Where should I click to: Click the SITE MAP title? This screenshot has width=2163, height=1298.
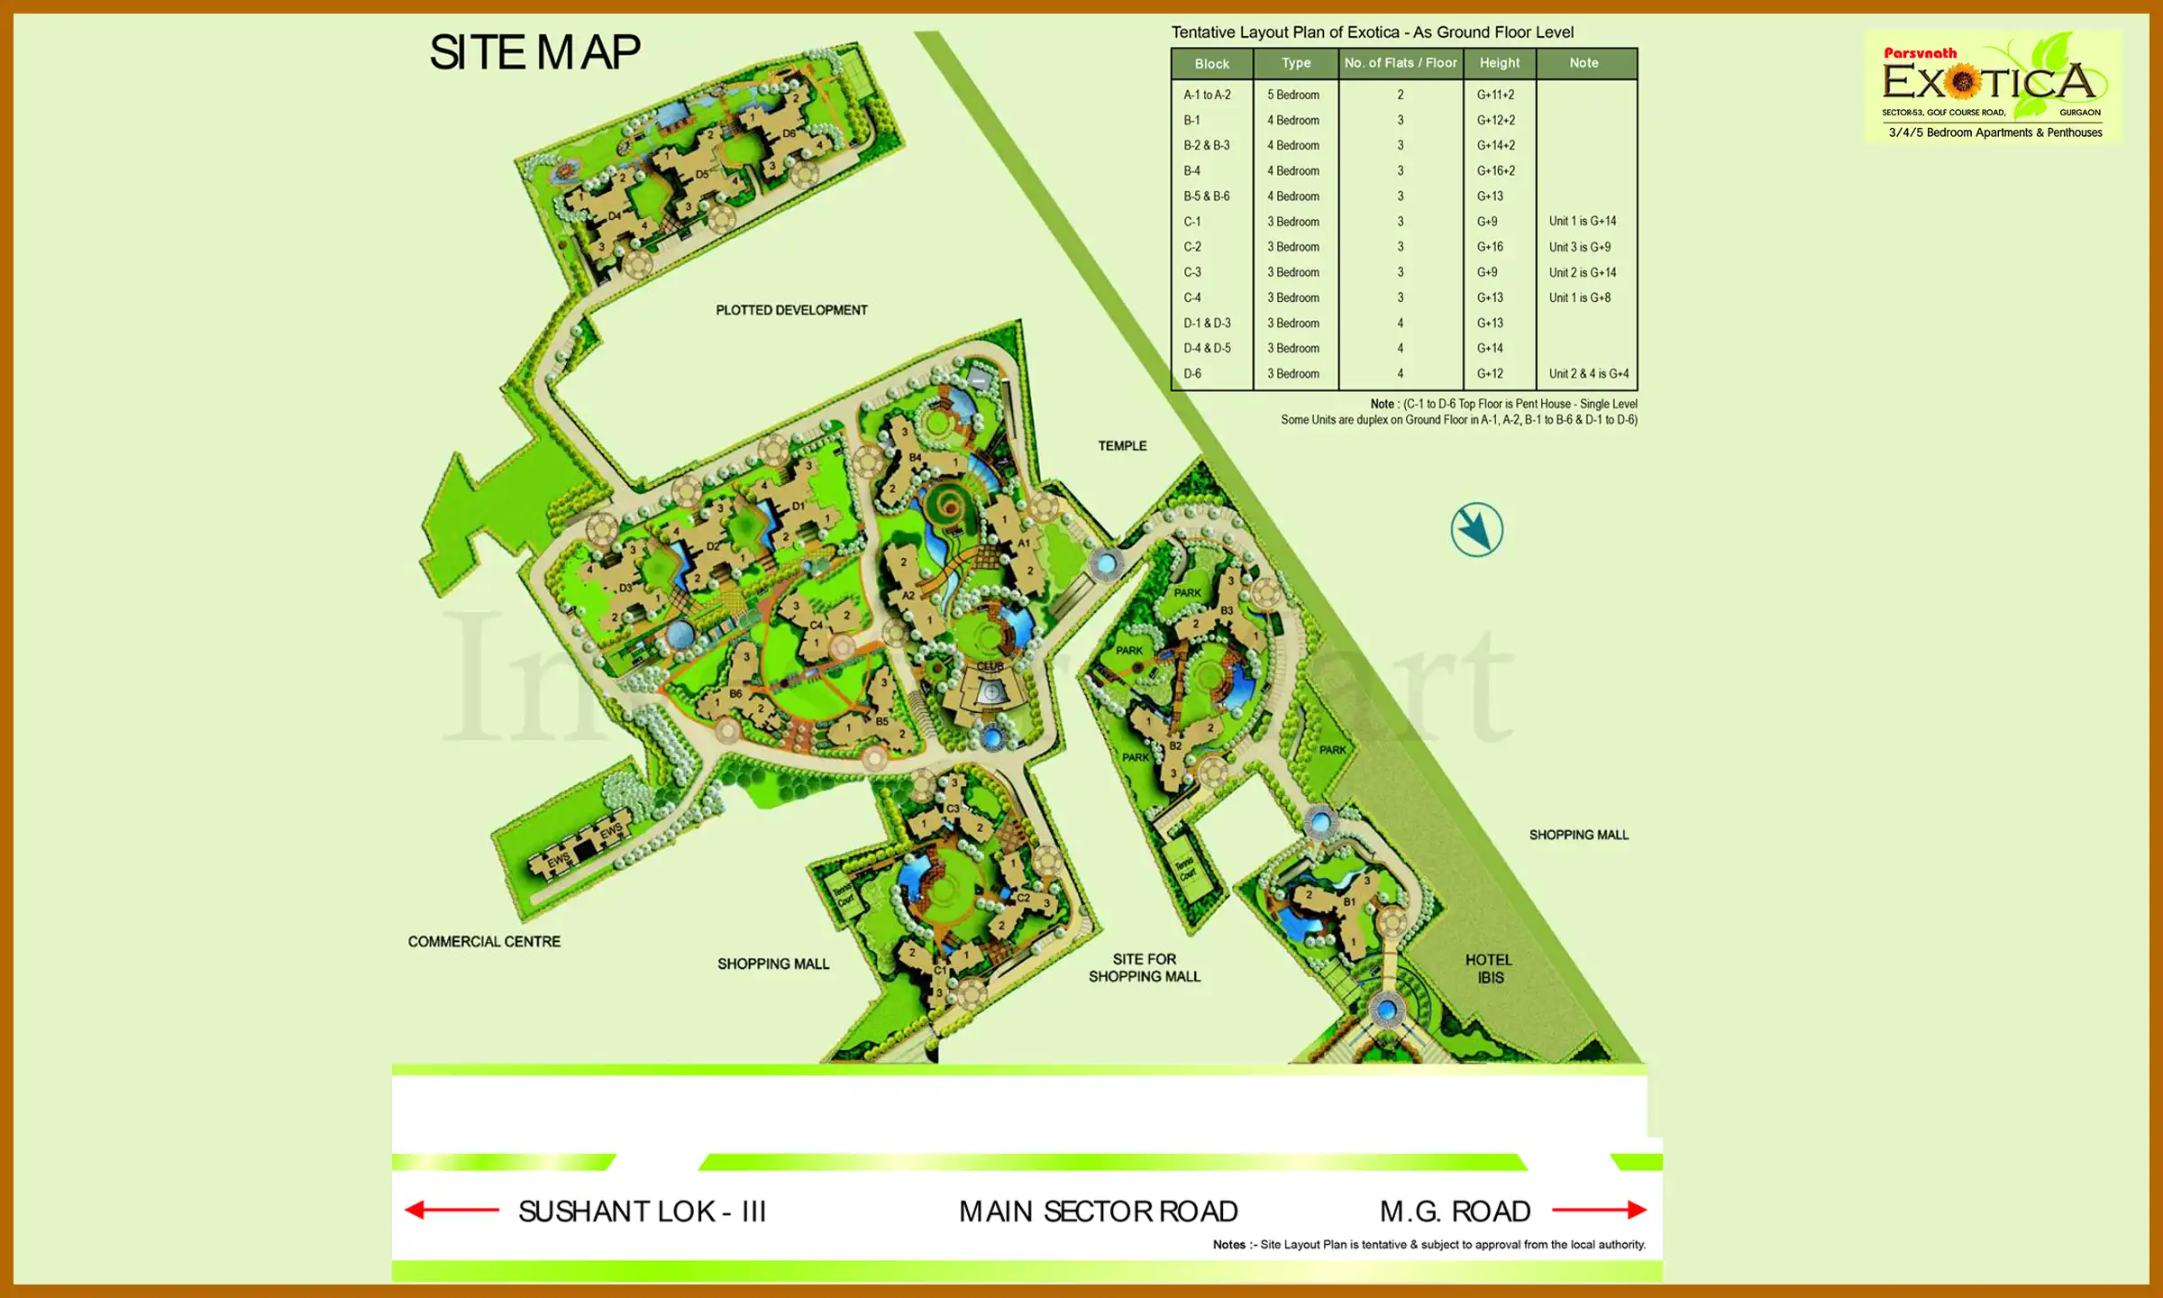(x=534, y=52)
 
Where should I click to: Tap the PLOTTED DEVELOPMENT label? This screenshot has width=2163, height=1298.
(x=791, y=310)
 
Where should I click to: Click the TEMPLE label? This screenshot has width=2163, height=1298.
(x=1122, y=446)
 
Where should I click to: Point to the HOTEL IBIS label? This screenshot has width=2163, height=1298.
(x=1489, y=969)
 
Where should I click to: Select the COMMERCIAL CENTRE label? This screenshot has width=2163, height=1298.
(x=484, y=942)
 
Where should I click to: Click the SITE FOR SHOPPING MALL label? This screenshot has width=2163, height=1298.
(x=1144, y=968)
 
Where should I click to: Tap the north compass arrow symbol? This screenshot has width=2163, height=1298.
(x=1476, y=530)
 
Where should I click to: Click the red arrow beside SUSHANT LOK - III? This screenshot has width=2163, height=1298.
(x=452, y=1210)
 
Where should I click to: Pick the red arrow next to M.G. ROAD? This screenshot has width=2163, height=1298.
(x=1599, y=1210)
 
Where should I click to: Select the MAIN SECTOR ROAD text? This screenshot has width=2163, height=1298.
(x=1098, y=1211)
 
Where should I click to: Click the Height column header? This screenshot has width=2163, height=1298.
(x=1499, y=63)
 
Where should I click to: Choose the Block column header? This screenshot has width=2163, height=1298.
(x=1211, y=64)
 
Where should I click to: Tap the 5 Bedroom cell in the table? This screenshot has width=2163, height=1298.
(x=1293, y=95)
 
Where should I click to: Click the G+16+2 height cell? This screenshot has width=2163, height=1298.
(x=1496, y=170)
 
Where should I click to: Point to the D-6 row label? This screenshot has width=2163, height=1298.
(x=1192, y=373)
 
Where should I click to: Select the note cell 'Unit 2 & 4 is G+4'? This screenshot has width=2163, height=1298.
(x=1588, y=373)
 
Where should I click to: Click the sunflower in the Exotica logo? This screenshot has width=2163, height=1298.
(x=1962, y=82)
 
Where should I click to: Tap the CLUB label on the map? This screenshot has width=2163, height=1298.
(x=990, y=666)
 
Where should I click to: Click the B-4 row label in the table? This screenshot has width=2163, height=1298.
(x=1191, y=170)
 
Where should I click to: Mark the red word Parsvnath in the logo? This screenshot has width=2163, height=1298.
(x=1920, y=53)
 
